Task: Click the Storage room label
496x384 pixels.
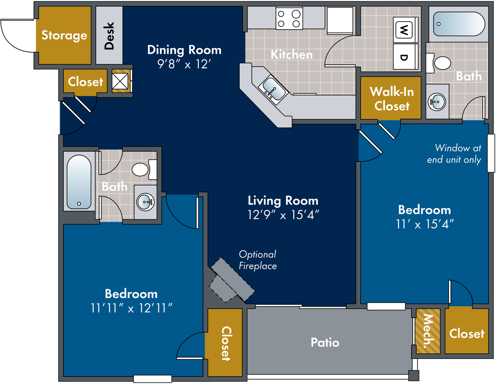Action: coord(64,35)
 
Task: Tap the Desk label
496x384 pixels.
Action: coord(109,35)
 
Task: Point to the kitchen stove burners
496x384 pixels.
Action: coord(289,19)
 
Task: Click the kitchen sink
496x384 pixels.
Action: coord(272,89)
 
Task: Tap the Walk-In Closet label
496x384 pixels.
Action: coord(392,99)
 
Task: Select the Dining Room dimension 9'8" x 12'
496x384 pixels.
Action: coord(184,64)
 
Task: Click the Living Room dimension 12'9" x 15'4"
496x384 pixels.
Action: coord(283,215)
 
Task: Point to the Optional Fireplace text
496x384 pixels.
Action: coord(258,260)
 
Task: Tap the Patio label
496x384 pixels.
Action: coord(325,343)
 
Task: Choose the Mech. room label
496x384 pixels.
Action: coord(428,331)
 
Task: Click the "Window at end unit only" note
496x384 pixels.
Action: coord(454,154)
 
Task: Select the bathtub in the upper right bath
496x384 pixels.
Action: coord(459,24)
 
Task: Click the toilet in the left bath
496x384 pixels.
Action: coord(144,169)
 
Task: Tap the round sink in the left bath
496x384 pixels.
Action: coord(145,202)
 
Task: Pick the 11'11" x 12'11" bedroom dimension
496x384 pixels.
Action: coord(131,308)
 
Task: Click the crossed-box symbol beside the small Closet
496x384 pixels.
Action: coord(120,81)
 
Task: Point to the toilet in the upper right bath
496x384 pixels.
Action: coord(439,63)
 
